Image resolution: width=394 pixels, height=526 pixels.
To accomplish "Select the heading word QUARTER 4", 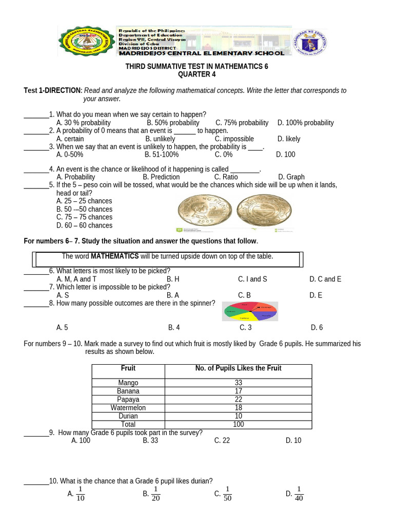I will tap(196, 74).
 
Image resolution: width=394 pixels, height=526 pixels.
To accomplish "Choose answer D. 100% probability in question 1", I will tap(305, 123).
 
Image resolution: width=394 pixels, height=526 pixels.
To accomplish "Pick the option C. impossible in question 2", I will tap(234, 139).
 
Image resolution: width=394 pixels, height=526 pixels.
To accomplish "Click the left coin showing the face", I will tap(204, 212).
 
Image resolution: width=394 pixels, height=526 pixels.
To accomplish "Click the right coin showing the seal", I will tap(264, 212).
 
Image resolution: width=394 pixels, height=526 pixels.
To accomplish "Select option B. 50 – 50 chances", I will tap(84, 209).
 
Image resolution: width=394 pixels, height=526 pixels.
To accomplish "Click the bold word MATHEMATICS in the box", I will tap(114, 256).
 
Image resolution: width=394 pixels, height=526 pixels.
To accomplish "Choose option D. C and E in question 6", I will tap(325, 279).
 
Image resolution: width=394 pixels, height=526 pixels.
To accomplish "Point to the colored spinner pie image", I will tap(250, 311).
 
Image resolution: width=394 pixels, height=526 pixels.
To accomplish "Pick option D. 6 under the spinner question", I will tap(317, 327).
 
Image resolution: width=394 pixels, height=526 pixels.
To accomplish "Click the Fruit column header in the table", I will tap(128, 368).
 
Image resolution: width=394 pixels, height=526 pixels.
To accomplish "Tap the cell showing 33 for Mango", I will tap(238, 383).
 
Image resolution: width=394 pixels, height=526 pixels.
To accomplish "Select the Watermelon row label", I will tap(128, 408).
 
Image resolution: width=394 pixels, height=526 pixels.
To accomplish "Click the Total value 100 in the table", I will tap(238, 424).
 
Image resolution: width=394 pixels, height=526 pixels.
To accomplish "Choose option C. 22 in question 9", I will tap(222, 440).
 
